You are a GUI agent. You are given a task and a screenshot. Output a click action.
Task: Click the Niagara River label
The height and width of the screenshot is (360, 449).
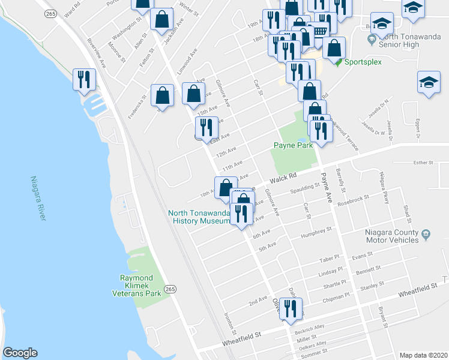(x=37, y=198)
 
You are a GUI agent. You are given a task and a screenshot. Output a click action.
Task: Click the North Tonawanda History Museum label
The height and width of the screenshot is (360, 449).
(x=199, y=217)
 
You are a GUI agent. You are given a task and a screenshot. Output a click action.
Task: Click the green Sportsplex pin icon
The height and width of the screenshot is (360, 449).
(x=339, y=61)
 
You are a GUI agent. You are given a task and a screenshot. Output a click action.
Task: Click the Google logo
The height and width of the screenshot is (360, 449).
(x=20, y=353)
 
